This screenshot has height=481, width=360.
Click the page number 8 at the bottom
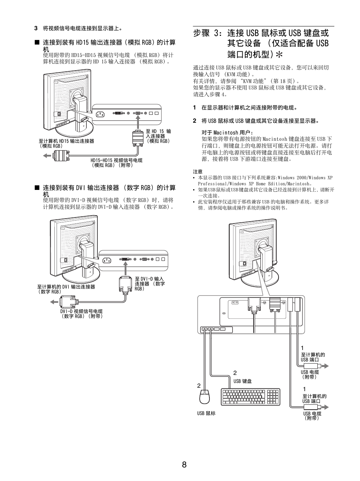(x=184, y=465)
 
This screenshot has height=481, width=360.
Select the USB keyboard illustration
(x=251, y=397)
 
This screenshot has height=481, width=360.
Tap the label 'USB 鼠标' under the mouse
(x=206, y=413)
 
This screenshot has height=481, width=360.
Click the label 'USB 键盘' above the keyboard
(x=242, y=381)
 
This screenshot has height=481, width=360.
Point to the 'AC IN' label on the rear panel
(x=235, y=303)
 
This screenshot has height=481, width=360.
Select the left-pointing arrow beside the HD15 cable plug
(x=47, y=155)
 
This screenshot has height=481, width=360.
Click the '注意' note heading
(x=197, y=171)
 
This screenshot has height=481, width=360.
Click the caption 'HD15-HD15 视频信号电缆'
(x=116, y=160)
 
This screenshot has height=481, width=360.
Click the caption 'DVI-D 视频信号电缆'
(x=82, y=311)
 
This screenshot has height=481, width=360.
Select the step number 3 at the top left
(x=36, y=28)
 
